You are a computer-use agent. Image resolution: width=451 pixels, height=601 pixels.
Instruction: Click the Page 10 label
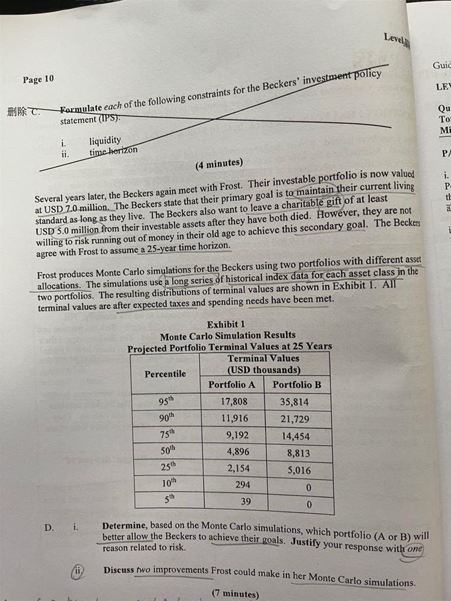(x=38, y=79)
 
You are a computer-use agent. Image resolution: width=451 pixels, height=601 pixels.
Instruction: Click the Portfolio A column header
(x=231, y=384)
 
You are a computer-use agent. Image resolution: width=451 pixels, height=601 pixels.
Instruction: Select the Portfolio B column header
(x=297, y=385)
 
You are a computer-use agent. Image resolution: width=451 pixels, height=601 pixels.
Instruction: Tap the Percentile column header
(x=165, y=374)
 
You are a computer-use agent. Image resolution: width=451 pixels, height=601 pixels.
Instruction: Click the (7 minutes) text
(x=235, y=593)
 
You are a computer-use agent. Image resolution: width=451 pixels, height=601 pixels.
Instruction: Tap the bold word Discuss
(x=118, y=570)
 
